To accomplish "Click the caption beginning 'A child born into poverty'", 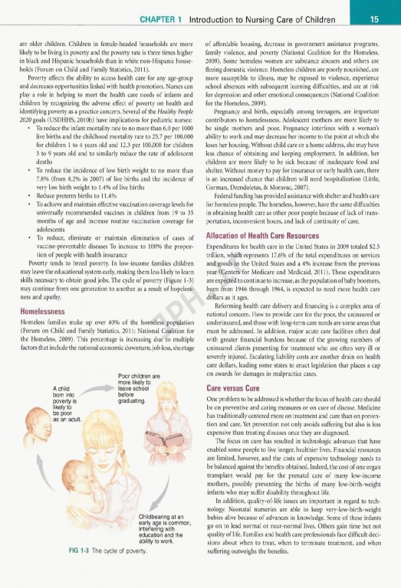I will point(66,403).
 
